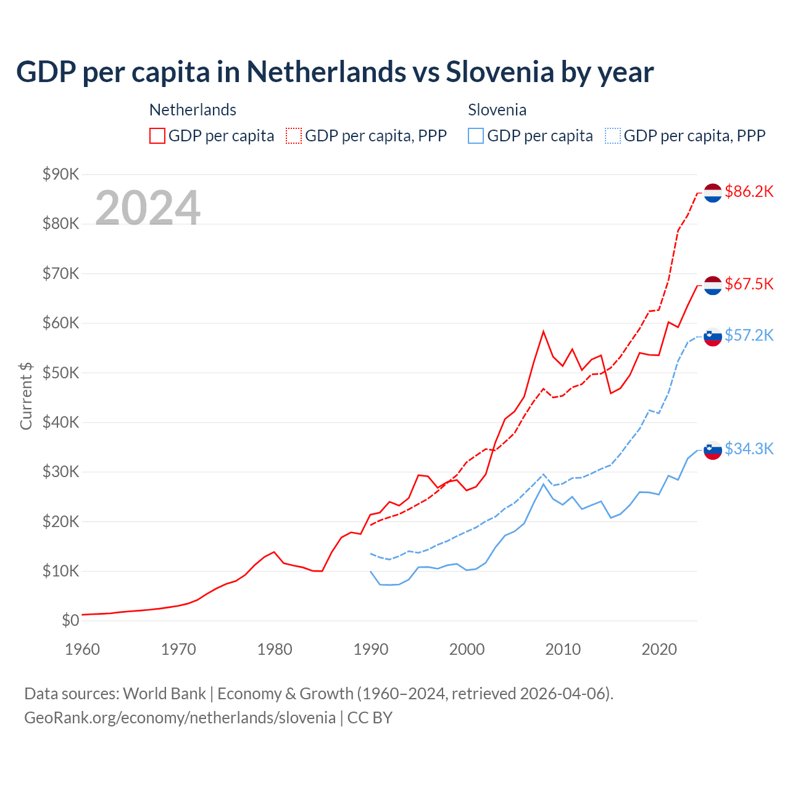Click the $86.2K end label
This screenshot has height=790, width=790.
[x=749, y=192]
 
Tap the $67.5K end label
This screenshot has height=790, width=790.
[x=749, y=284]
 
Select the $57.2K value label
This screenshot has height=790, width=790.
[x=749, y=335]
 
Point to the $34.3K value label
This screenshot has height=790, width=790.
[x=749, y=449]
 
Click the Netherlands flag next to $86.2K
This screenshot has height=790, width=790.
[x=713, y=193]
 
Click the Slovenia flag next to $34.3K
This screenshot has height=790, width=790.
[x=713, y=451]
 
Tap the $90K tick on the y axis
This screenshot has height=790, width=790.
[x=60, y=174]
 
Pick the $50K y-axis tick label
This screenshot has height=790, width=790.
[x=60, y=373]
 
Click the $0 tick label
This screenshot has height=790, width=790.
[x=70, y=621]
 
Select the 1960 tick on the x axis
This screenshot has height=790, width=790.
[x=82, y=649]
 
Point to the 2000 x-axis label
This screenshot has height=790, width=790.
[x=467, y=649]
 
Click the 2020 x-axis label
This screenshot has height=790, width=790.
[x=659, y=649]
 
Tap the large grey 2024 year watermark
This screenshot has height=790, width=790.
[x=148, y=208]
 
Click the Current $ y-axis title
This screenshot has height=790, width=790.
[x=26, y=396]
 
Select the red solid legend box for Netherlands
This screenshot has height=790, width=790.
[x=157, y=136]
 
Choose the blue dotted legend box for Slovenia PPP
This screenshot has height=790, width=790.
[x=613, y=136]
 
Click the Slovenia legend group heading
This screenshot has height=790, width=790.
[x=497, y=110]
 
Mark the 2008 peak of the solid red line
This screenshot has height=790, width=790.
[x=543, y=331]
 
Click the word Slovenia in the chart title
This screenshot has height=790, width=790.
[x=500, y=72]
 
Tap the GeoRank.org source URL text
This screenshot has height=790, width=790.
[x=180, y=718]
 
